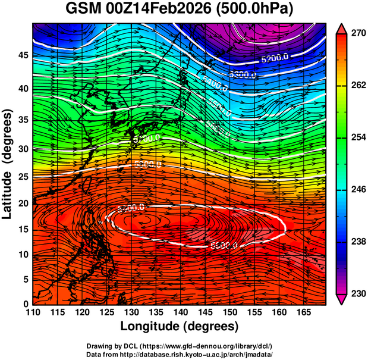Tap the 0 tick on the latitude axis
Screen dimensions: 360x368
coord(25,304)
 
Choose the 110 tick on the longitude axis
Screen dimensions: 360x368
coord(33,312)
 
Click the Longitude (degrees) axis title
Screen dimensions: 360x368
coord(180,327)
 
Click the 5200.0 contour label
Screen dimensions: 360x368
coord(275,59)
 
